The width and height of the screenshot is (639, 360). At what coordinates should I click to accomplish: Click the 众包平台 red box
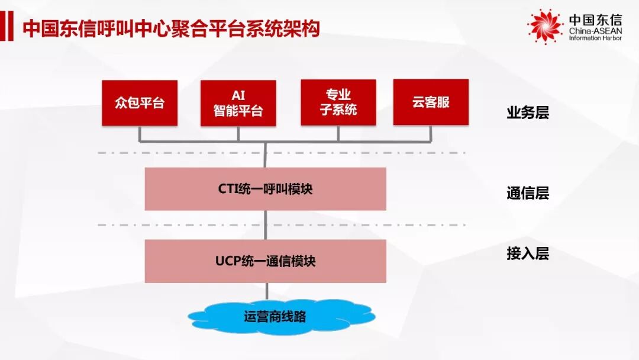click(x=140, y=103)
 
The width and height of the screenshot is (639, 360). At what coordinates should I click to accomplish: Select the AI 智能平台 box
click(x=238, y=103)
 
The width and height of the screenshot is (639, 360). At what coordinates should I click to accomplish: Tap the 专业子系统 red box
click(x=338, y=102)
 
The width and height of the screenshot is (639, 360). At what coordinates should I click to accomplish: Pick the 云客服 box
click(x=431, y=102)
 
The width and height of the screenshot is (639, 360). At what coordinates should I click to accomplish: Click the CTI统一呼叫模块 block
click(x=265, y=189)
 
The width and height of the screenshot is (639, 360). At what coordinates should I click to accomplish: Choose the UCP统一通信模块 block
click(x=265, y=261)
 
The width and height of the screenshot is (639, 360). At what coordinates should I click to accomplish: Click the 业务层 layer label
click(x=528, y=113)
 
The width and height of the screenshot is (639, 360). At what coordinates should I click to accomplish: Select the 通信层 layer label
click(x=528, y=193)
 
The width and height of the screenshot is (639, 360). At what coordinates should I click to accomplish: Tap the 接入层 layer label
click(x=528, y=254)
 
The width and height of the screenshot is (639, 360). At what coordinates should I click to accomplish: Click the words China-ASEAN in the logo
click(x=595, y=31)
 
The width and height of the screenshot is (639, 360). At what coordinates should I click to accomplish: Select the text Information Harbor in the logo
click(x=595, y=38)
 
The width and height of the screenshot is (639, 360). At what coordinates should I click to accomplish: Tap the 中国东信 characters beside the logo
click(x=595, y=20)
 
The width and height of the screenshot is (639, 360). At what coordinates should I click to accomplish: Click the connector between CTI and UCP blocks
click(x=266, y=225)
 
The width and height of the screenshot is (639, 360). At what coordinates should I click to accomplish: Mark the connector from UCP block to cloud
click(x=266, y=291)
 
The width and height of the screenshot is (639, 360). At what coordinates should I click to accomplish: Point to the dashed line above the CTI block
click(x=355, y=153)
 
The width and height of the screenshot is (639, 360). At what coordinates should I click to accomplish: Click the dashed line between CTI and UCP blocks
click(x=355, y=225)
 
